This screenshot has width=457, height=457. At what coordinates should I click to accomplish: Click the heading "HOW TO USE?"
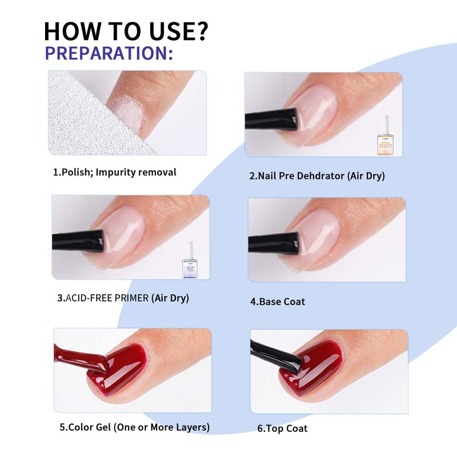coord(125,32)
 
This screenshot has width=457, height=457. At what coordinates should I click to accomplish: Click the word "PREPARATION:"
coord(109,53)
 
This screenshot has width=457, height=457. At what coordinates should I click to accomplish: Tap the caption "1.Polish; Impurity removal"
coord(115,172)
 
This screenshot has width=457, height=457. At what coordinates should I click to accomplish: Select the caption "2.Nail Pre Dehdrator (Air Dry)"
coord(317,176)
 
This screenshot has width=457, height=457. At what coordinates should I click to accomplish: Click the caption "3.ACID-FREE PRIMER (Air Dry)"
coord(123,298)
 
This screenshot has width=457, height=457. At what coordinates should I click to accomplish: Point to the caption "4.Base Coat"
coord(278,301)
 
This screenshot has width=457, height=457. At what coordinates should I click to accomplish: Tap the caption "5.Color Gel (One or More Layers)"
coord(134,427)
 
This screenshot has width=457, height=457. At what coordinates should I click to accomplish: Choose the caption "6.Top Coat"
coord(282,428)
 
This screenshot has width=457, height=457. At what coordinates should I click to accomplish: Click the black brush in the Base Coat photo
coord(274,242)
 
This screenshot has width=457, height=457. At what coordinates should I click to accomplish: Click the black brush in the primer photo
coord(77,240)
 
